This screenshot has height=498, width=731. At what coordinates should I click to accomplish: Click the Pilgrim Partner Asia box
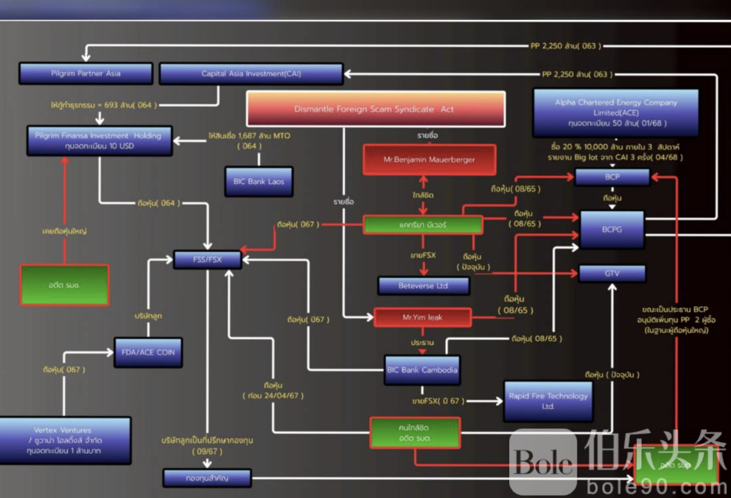tap(86, 73)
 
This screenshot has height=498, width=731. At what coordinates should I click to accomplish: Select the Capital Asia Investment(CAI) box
tap(251, 73)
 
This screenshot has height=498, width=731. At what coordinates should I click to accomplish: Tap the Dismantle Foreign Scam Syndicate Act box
tap(375, 109)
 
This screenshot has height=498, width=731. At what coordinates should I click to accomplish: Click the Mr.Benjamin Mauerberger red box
tap(429, 159)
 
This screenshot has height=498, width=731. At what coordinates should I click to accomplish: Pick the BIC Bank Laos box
tap(258, 182)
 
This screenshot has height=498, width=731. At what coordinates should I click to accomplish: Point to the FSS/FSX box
tap(207, 260)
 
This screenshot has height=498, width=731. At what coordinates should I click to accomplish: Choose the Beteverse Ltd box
tap(423, 286)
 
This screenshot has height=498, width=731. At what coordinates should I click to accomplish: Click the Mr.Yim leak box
tap(422, 317)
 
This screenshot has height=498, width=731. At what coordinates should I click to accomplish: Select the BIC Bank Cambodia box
tap(422, 370)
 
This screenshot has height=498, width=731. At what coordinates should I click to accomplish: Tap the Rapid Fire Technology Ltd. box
tap(548, 401)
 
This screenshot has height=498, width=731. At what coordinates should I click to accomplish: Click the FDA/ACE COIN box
tap(148, 353)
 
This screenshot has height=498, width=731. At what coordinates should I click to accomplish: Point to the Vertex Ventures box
tap(64, 440)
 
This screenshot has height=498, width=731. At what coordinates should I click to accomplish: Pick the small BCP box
tap(612, 177)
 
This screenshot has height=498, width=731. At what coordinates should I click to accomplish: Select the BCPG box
tap(612, 229)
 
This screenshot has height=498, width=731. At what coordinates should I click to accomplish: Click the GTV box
tap(612, 274)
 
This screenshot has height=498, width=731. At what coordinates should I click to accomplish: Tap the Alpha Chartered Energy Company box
tap(616, 113)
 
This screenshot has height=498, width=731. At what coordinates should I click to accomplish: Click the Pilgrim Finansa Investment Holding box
tap(99, 141)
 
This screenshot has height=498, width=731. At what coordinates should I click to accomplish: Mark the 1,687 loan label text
tap(249, 136)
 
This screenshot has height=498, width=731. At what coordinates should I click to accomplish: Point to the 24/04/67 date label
tap(273, 396)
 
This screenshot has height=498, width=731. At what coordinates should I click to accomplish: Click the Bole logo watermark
tap(543, 461)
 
